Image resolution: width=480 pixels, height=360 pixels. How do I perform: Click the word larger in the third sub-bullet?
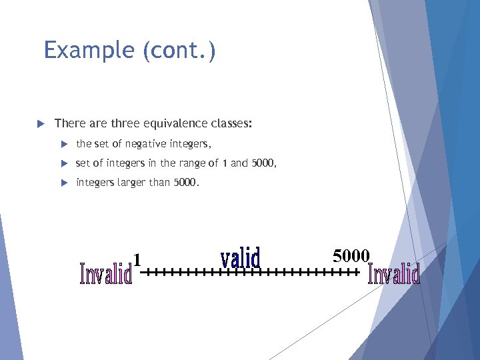131,182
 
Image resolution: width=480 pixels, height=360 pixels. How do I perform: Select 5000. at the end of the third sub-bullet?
186,182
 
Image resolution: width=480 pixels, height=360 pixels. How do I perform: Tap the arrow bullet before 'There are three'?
39,123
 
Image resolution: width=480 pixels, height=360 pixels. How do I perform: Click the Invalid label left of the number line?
105,273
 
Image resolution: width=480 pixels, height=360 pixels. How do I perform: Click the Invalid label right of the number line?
394,273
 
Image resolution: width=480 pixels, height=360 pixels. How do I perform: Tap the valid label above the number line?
240,258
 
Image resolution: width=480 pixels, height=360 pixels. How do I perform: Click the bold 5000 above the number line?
351,255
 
